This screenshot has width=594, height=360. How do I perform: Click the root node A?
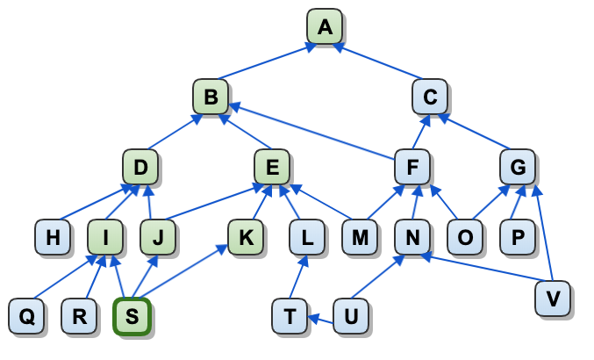325,27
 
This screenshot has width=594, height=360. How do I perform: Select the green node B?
211,96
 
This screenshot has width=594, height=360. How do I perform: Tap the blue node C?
430,96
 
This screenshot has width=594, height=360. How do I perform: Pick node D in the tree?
140,166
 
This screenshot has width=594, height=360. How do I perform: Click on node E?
272,166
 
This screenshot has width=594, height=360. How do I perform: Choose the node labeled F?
412,166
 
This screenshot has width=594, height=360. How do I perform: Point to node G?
518,166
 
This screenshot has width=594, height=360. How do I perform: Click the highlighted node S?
132,317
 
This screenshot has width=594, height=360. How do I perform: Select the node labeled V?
553,299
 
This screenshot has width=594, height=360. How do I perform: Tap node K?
246,236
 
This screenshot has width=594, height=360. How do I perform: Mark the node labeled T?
290,317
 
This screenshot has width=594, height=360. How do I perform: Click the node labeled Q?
26,317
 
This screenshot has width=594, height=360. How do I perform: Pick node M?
360,236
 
